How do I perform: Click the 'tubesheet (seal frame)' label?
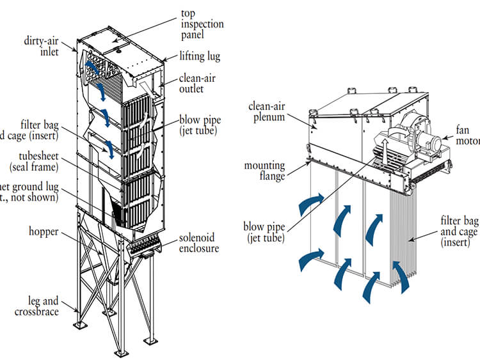pos(33,161)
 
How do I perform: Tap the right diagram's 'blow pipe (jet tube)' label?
pos(263,231)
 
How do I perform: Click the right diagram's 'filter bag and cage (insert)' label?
pos(457,231)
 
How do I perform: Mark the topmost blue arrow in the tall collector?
pos(93,67)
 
